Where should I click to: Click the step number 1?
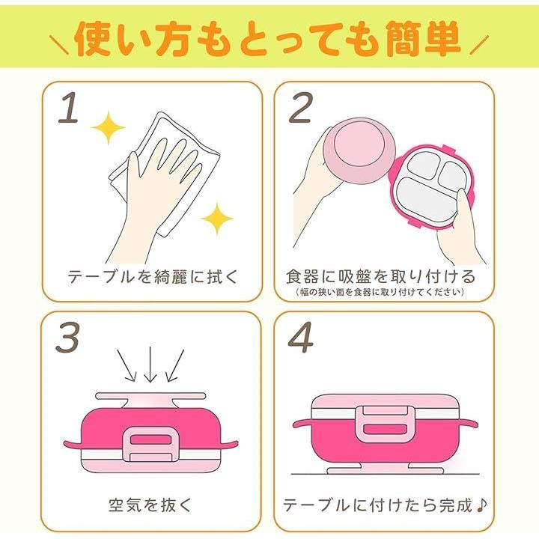[x=69, y=108]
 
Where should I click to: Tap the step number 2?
[x=301, y=108]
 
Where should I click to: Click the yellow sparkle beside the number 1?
[x=109, y=127]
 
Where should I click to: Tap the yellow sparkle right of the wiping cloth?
[x=217, y=219]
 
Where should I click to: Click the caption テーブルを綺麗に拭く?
[x=153, y=276]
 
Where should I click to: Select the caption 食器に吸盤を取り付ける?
[x=380, y=276]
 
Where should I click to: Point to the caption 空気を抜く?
[x=150, y=505]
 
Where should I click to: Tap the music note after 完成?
[x=481, y=505]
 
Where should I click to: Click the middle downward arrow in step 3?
[x=150, y=365]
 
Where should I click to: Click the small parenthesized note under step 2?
[x=380, y=292]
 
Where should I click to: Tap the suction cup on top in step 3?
[x=150, y=401]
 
